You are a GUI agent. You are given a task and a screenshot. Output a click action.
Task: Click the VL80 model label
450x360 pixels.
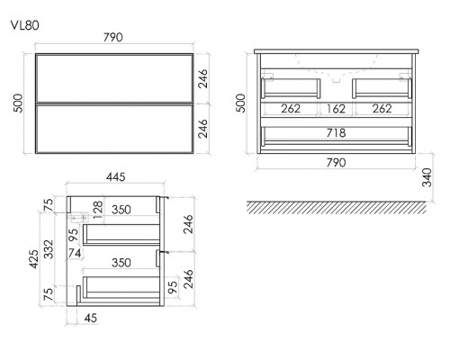(x=25, y=25)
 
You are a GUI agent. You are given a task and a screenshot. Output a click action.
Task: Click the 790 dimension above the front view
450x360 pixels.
(x=113, y=37)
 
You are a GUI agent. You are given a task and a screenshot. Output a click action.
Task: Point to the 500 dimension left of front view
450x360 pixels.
(x=18, y=103)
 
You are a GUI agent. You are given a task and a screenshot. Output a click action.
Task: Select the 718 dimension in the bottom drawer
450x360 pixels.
(x=336, y=132)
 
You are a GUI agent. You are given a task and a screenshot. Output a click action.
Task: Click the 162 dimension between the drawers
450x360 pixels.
(x=336, y=109)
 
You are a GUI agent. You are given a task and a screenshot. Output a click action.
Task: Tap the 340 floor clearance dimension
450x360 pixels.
(x=427, y=177)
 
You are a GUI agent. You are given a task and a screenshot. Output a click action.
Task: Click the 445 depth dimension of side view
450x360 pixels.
(x=116, y=177)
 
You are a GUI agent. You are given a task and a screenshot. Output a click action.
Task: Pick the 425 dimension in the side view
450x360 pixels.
(x=34, y=259)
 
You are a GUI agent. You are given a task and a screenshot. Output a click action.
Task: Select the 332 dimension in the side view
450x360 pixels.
(x=49, y=249)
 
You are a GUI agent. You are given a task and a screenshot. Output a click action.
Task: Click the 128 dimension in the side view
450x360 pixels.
(x=98, y=210)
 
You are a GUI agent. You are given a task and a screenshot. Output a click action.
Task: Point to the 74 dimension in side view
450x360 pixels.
(x=74, y=253)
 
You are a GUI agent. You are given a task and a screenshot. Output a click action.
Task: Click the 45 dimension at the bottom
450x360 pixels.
(x=90, y=318)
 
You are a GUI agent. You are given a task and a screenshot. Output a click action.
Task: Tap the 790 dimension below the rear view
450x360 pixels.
(x=336, y=163)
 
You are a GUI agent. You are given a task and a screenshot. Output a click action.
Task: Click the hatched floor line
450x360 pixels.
(x=336, y=207)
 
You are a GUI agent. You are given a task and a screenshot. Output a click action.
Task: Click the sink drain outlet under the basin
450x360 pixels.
(x=336, y=80)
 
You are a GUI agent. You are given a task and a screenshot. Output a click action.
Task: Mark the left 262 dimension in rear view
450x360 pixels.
(x=291, y=109)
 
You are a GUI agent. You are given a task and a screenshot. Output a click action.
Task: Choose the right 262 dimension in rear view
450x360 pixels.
(x=382, y=109)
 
